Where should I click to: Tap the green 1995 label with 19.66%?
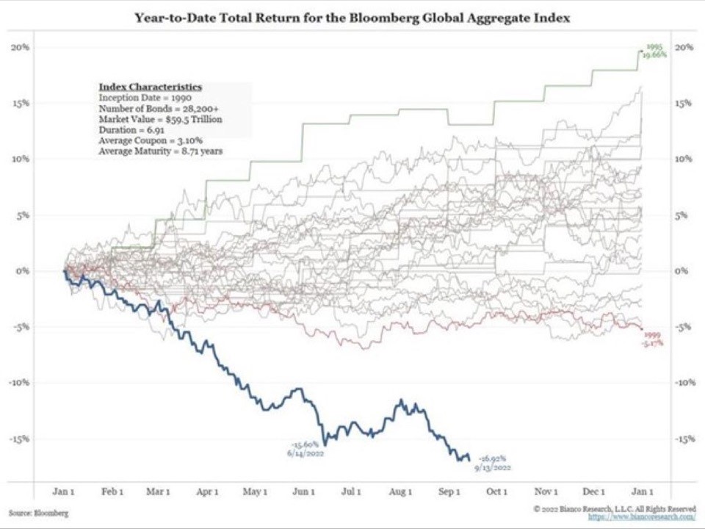(654, 51)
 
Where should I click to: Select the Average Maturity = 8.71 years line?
(161, 151)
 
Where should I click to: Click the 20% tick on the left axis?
(20, 48)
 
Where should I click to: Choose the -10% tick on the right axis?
(685, 383)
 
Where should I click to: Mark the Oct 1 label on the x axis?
(496, 492)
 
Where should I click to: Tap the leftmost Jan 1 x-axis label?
(64, 492)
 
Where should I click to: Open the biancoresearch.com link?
(641, 517)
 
